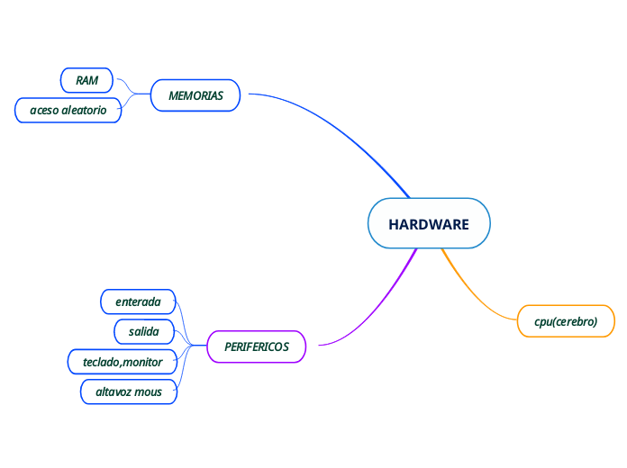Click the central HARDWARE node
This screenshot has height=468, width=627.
tap(429, 224)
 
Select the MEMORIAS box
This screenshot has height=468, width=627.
tap(195, 95)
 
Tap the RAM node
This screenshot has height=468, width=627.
tap(86, 80)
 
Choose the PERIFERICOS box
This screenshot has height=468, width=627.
tap(257, 346)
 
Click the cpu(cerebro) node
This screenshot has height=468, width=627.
tap(566, 321)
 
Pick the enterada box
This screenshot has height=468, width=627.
tap(137, 301)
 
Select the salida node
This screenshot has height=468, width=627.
tap(143, 332)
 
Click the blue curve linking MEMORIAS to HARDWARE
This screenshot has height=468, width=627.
tap(342, 127)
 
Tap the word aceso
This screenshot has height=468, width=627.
tap(43, 110)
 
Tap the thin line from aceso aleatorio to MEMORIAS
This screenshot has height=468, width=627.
tap(132, 102)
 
